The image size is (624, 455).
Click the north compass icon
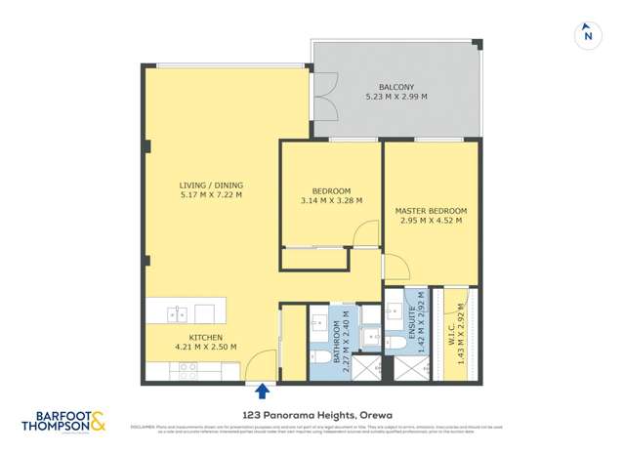587,34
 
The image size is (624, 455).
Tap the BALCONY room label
395,87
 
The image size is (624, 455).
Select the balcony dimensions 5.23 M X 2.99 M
395,97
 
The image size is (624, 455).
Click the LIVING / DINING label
211,186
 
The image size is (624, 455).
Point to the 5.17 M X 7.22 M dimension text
211,195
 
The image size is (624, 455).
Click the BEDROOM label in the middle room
331,191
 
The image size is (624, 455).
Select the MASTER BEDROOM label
431,211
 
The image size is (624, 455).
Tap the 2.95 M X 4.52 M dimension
431,221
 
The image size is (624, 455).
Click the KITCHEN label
192,337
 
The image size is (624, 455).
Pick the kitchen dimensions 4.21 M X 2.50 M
192,347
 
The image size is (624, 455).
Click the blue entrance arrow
262,393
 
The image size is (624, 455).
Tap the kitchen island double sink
177,313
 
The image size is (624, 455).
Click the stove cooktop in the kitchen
187,369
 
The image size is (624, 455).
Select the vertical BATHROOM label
336,343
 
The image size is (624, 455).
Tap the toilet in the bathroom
320,366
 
